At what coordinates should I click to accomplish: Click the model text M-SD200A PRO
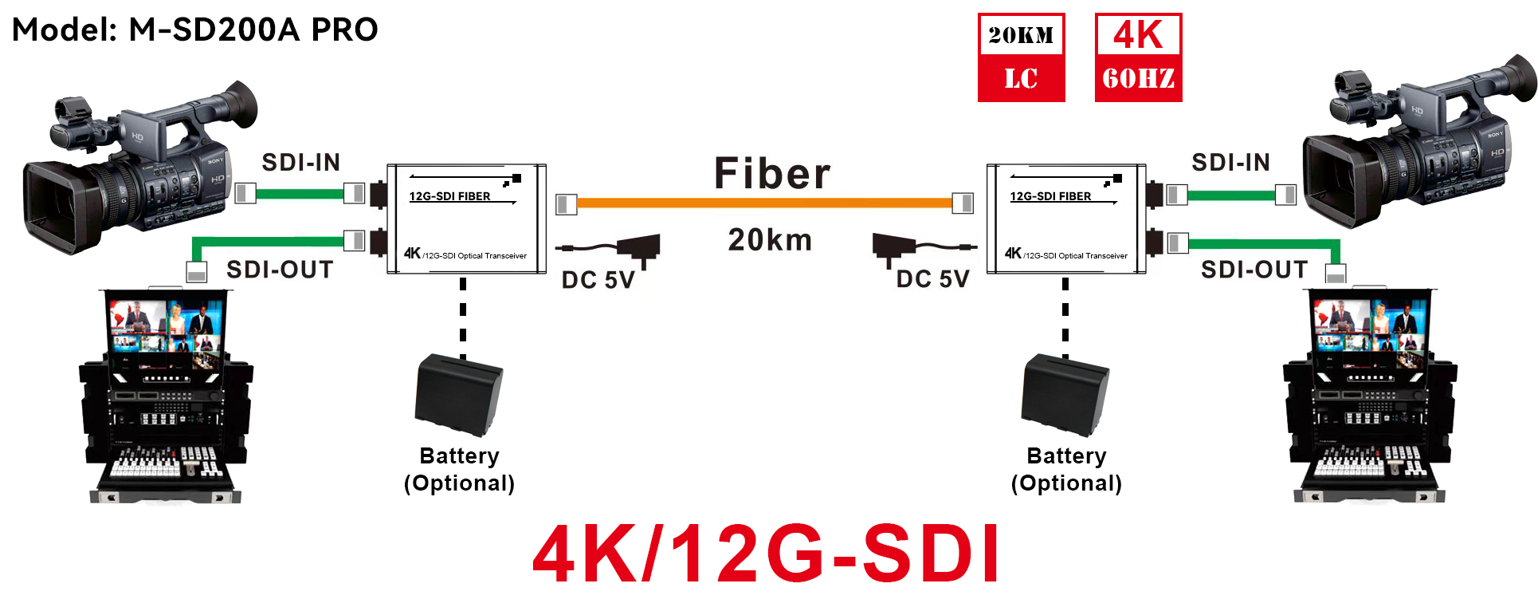pos(253,30)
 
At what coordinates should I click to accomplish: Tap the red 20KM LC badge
pos(1021,57)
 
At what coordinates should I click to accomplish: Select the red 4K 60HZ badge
pos(1138,57)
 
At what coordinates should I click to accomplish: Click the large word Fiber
pos(771,173)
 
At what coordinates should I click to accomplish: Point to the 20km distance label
pos(770,239)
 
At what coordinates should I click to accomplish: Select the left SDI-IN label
pos(301,163)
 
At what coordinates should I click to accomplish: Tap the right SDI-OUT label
pos(1254,270)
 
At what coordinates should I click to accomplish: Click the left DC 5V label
pos(598,280)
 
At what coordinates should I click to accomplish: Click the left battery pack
pos(459,396)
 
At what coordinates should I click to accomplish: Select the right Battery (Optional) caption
pos(1066,469)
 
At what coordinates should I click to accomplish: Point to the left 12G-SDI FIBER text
pos(449,196)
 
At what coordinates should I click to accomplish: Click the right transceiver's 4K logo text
pos(1013,253)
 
